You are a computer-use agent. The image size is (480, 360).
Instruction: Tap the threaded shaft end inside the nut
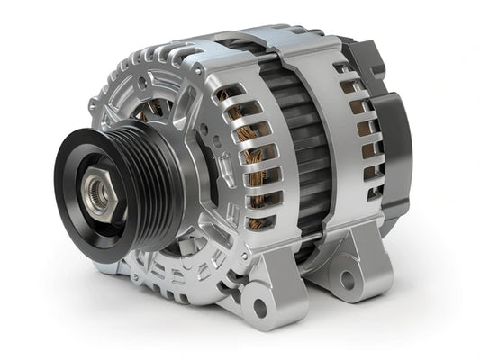pos(95,191)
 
